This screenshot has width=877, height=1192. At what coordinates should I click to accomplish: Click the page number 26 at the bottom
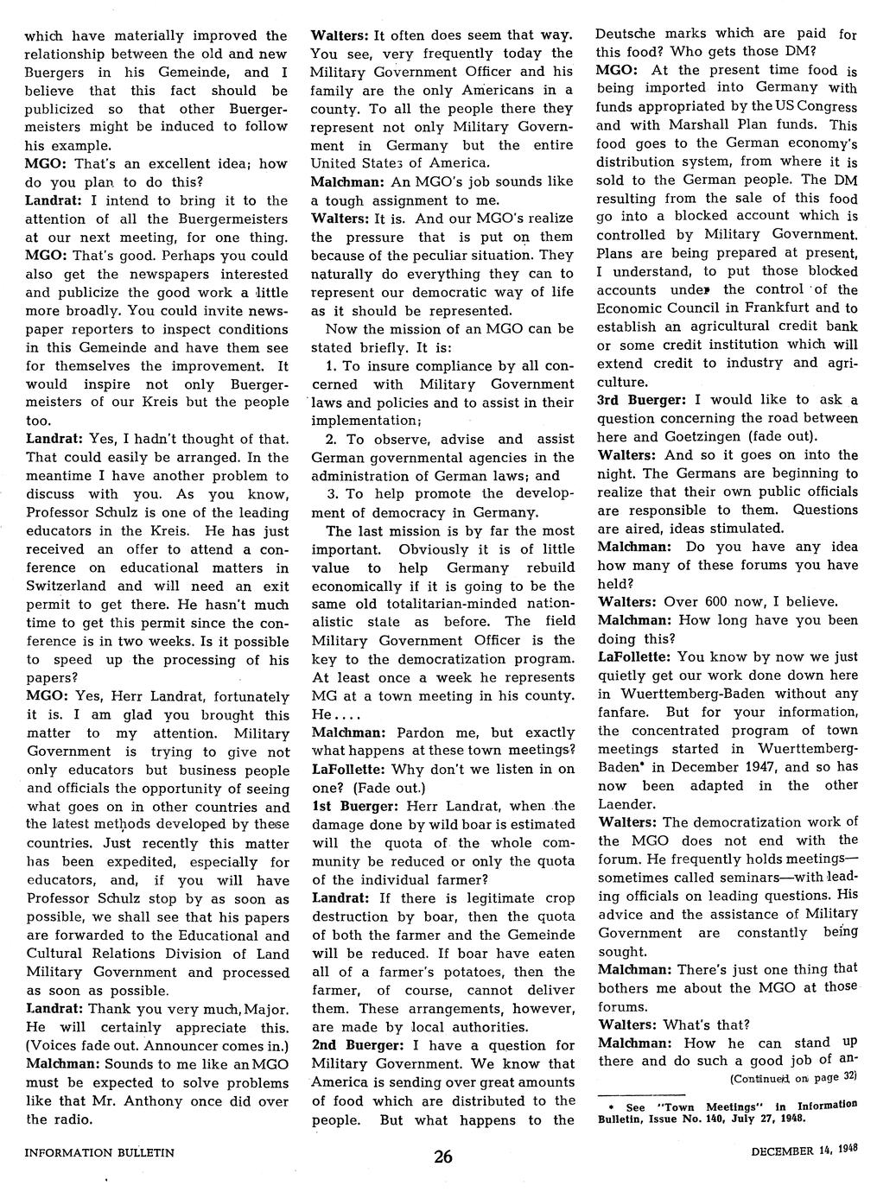tap(442, 1158)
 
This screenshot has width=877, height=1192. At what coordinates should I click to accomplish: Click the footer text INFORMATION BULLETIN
tap(99, 1152)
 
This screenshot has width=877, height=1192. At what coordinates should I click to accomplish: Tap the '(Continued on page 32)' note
tap(792, 1077)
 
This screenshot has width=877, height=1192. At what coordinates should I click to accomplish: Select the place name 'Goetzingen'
tap(700, 436)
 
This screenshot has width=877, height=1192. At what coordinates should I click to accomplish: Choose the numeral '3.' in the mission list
tap(332, 494)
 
